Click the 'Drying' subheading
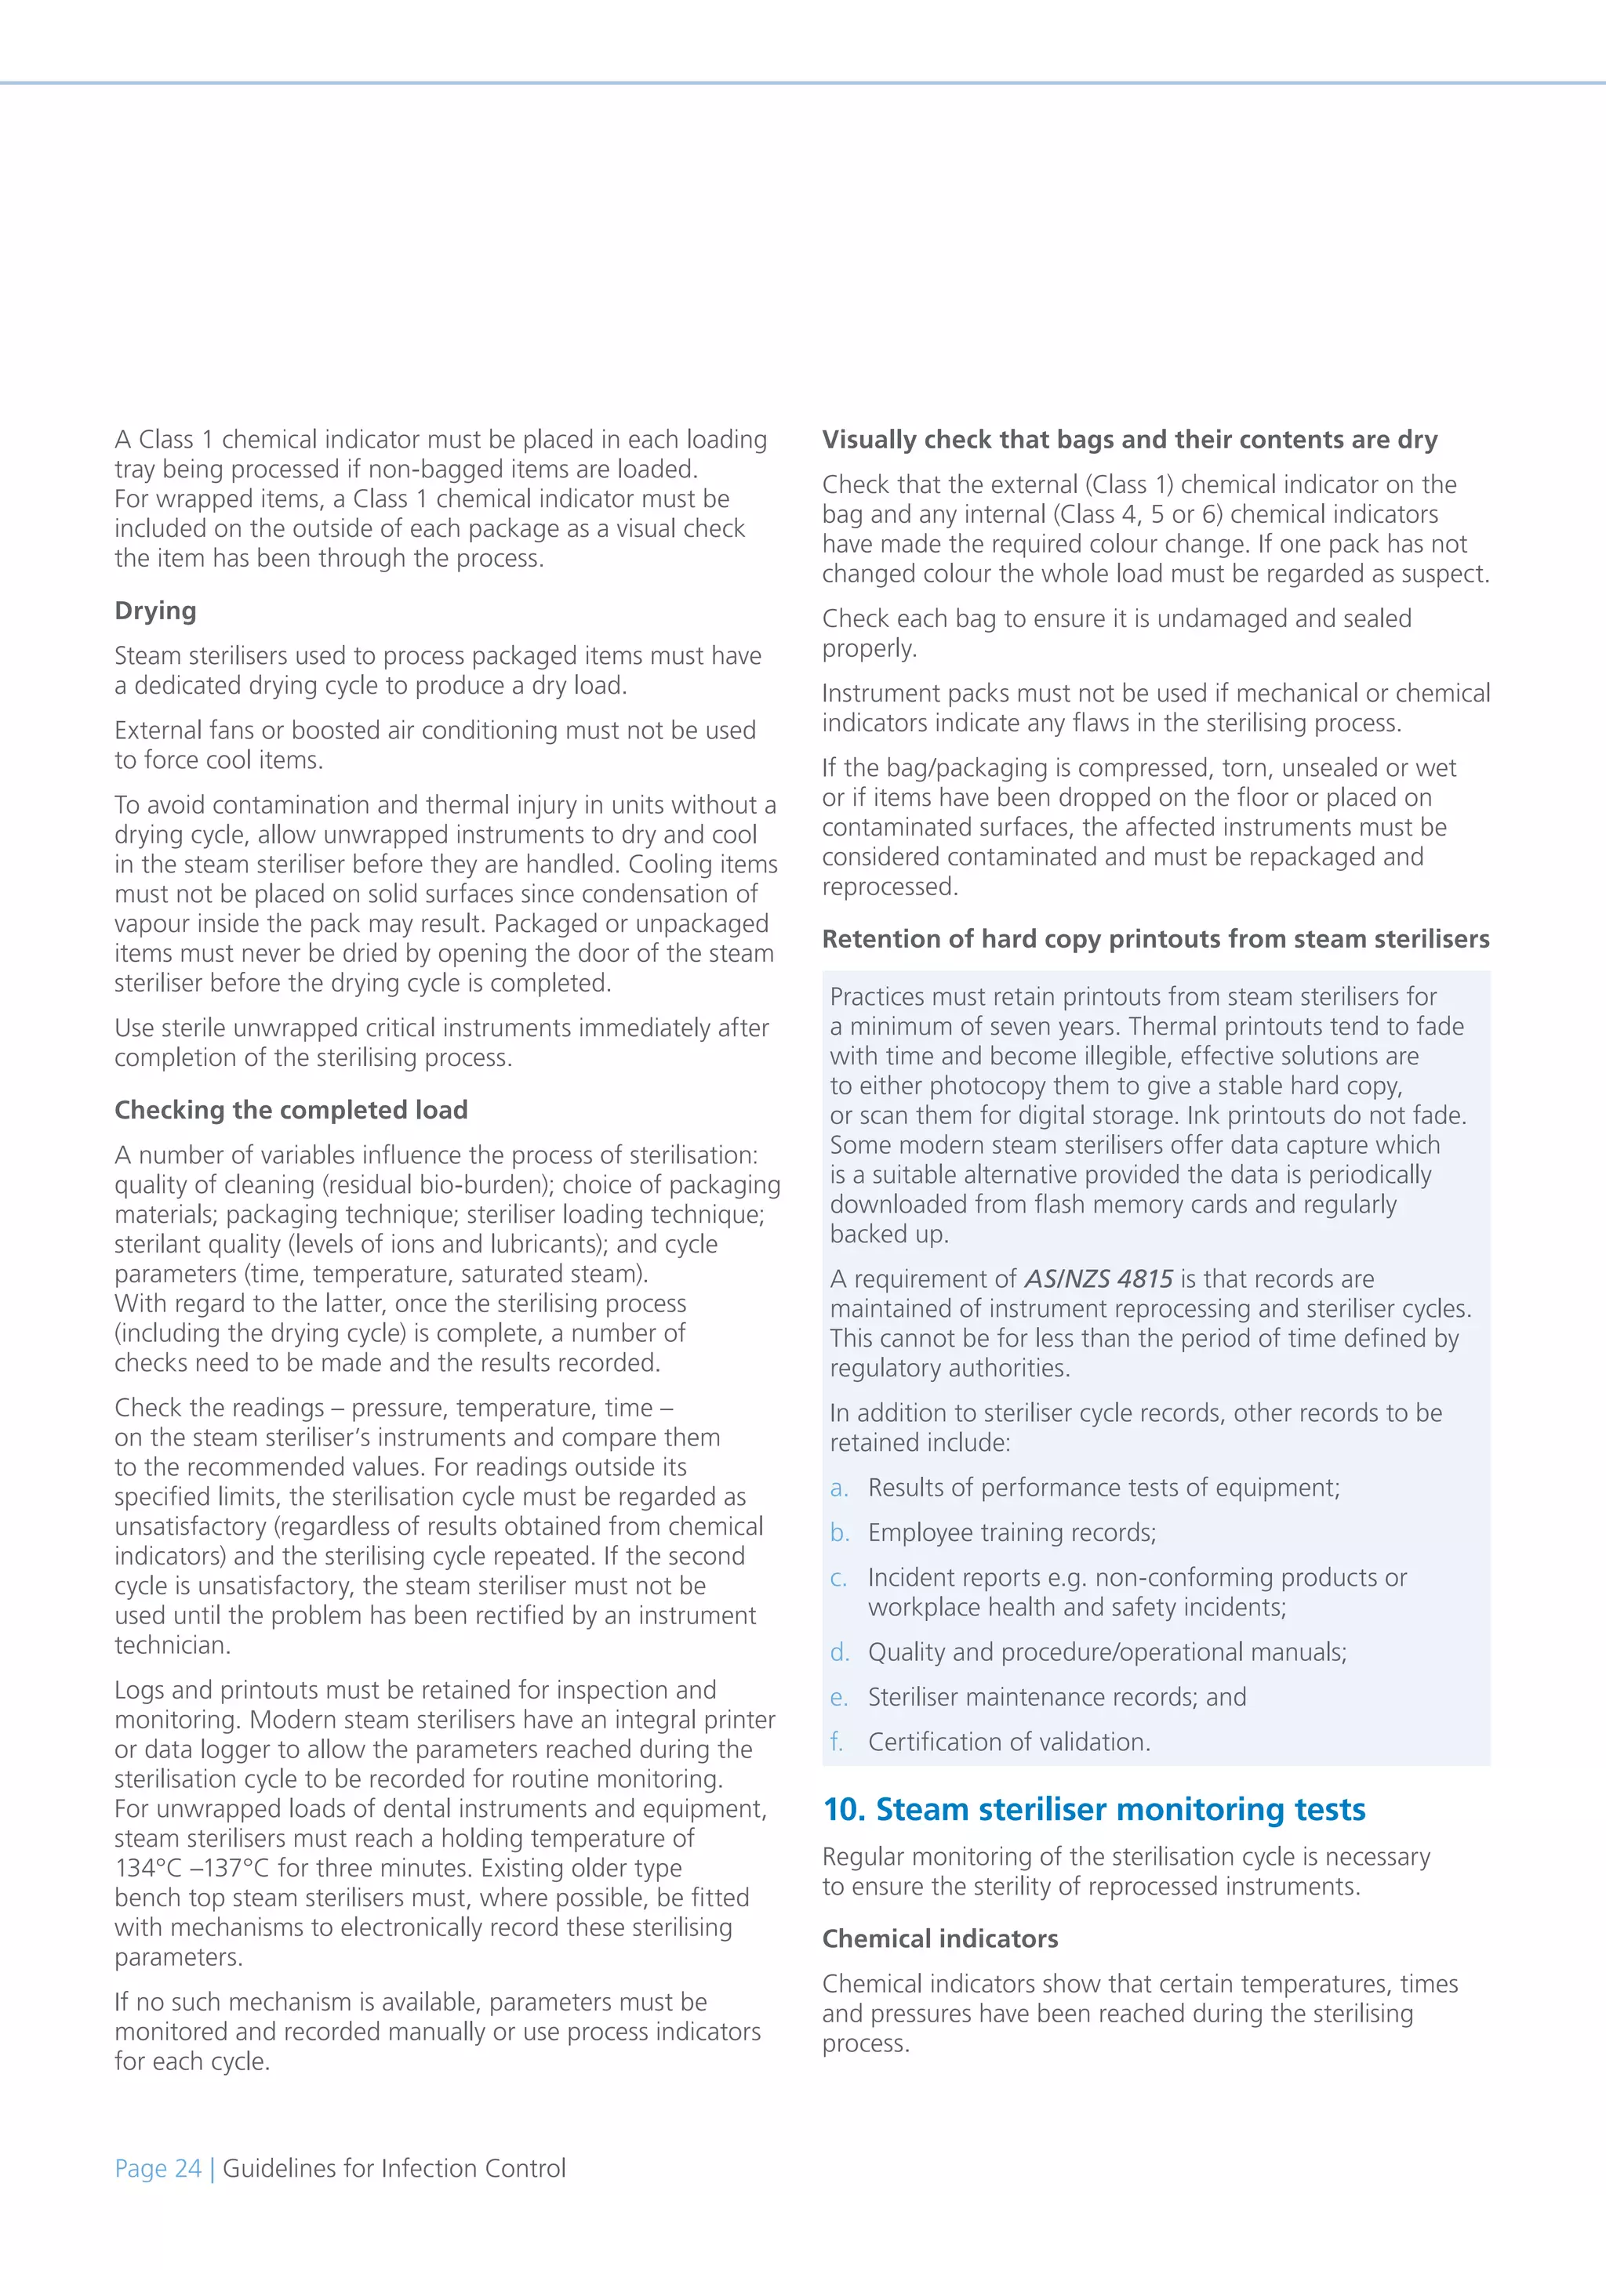point(155,611)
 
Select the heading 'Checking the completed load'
point(291,1110)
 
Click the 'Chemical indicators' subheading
point(939,1938)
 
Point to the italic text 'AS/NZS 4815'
point(1098,1279)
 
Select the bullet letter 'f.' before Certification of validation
point(838,1742)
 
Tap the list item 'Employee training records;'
point(1012,1532)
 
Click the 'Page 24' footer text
point(158,2168)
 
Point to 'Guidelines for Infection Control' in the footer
point(394,2168)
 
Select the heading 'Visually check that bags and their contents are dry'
point(1129,440)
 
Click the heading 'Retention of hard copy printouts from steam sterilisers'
point(1155,939)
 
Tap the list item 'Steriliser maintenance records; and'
point(1056,1698)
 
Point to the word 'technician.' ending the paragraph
point(172,1645)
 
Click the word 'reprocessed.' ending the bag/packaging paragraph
point(890,887)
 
